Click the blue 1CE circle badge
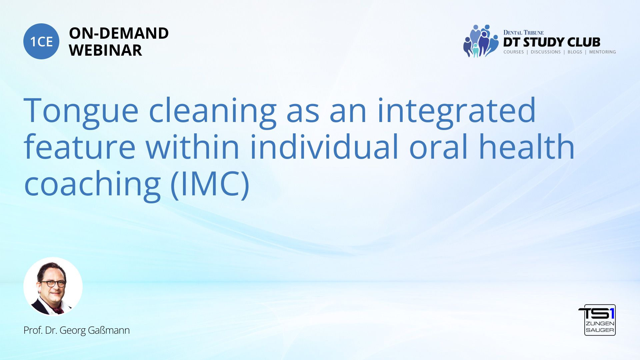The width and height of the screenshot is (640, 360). click(41, 41)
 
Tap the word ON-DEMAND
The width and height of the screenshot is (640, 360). click(119, 33)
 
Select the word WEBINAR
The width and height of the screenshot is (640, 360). click(105, 50)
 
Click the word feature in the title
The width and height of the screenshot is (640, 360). click(80, 147)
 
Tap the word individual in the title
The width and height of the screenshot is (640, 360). click(324, 147)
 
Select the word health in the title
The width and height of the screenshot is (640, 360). click(527, 147)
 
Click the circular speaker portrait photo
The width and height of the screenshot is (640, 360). click(53, 286)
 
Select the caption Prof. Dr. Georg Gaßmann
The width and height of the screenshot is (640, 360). click(77, 330)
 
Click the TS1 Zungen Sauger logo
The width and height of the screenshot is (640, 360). click(597, 320)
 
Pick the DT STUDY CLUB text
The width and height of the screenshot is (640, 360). click(552, 42)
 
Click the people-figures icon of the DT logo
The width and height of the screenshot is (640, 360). click(480, 41)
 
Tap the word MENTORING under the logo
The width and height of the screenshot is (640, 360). click(602, 52)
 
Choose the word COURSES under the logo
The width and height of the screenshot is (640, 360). click(514, 52)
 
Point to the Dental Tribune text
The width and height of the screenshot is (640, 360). click(523, 33)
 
